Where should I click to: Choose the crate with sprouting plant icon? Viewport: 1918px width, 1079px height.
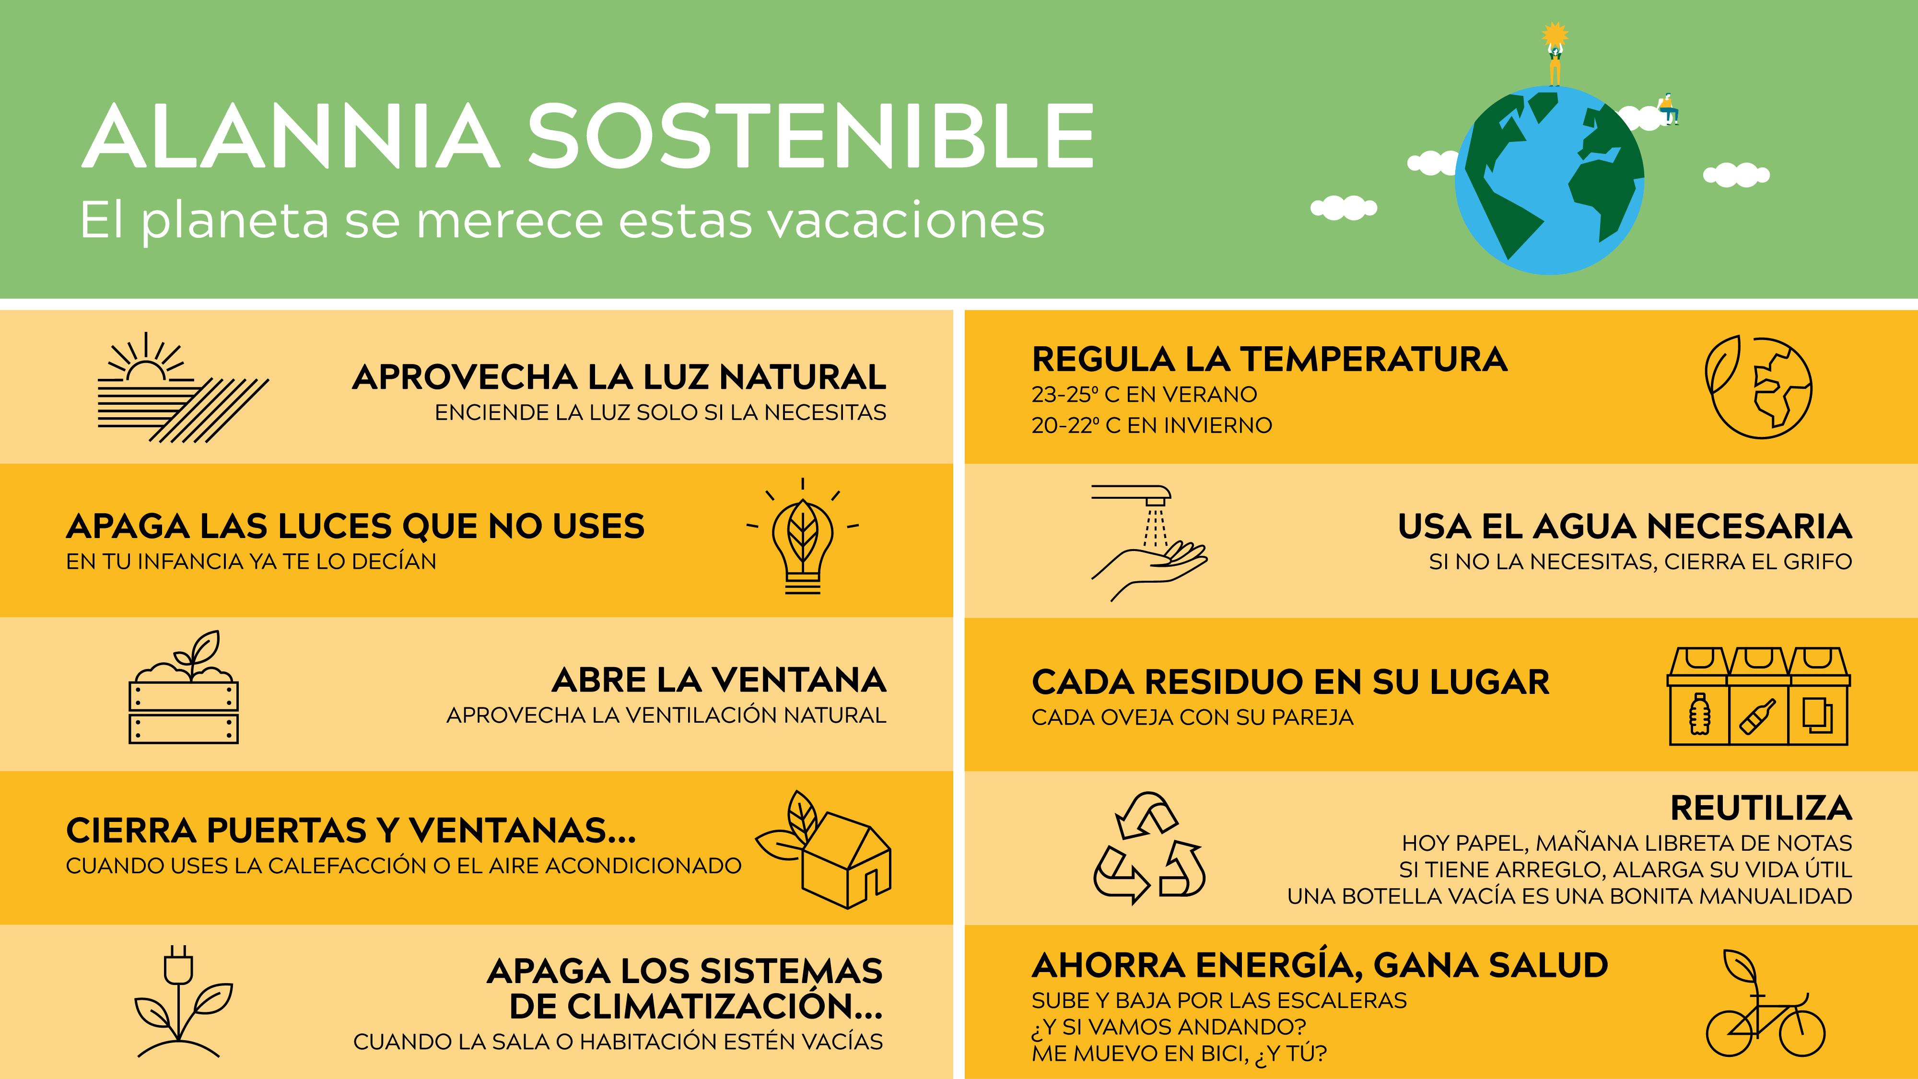pos(184,687)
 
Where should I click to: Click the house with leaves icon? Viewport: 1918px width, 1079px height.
pos(823,849)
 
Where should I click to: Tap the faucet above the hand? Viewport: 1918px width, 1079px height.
pos(1131,494)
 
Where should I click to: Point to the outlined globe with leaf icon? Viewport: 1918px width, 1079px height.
pos(1758,387)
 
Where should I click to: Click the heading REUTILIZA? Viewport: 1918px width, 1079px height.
pos(1761,808)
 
